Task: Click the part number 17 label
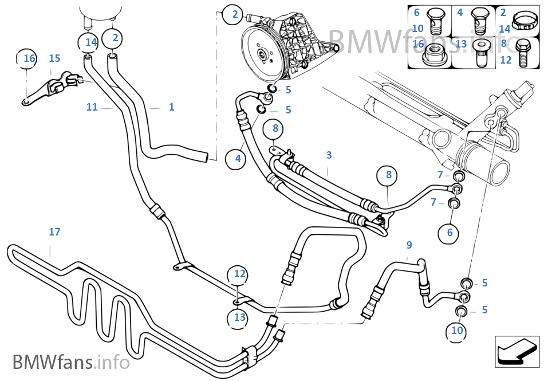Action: [54, 232]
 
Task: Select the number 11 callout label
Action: [92, 107]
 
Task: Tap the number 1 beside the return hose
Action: [171, 107]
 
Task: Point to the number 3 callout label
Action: [329, 155]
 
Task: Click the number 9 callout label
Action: [409, 245]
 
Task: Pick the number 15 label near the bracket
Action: [54, 58]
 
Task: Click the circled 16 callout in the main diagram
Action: [29, 58]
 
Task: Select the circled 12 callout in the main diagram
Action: [239, 274]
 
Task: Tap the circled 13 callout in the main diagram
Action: [239, 317]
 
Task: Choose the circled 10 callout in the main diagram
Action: [457, 331]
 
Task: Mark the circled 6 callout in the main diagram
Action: [450, 232]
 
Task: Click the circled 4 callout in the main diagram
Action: [238, 158]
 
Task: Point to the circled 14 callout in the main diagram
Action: [91, 42]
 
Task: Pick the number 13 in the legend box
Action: [462, 44]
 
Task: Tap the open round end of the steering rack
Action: [495, 170]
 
